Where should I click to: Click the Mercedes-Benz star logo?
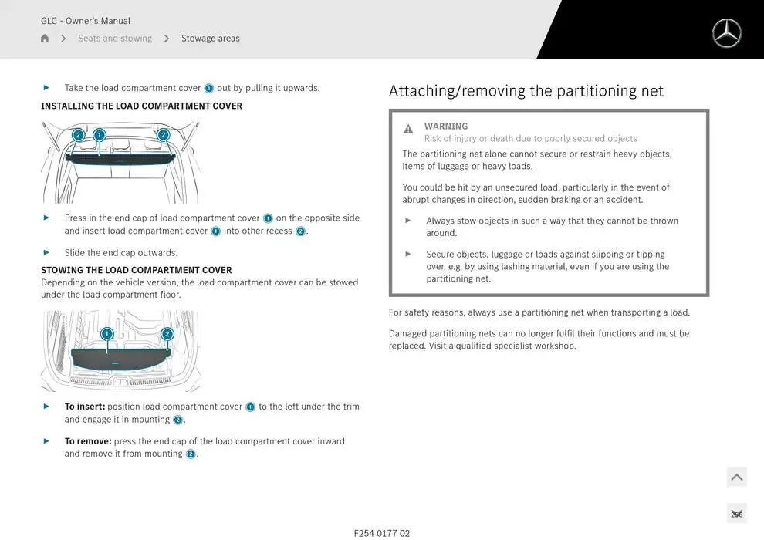coord(726,33)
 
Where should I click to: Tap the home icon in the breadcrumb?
coord(45,39)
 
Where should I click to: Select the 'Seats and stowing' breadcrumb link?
coord(115,39)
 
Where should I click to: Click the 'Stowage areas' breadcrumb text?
coord(210,39)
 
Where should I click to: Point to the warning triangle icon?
coord(408,129)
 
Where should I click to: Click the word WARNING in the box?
coord(446,127)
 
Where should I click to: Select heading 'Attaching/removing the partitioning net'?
coord(526,91)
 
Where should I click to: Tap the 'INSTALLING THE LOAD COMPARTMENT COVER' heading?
coord(141,106)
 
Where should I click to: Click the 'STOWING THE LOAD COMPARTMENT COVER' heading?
coord(136,270)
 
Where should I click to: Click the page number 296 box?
coord(736,514)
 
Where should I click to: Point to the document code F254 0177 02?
coord(382,533)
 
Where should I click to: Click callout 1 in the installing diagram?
coord(99,135)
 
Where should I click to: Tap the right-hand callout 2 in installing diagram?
coord(163,135)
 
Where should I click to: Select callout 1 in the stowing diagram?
coord(106,334)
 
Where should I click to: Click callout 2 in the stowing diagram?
coord(167,334)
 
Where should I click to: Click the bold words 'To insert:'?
coord(85,407)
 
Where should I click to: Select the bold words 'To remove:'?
coord(88,441)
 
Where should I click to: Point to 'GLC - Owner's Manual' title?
coord(86,21)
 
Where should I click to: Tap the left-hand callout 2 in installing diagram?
coord(78,135)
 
